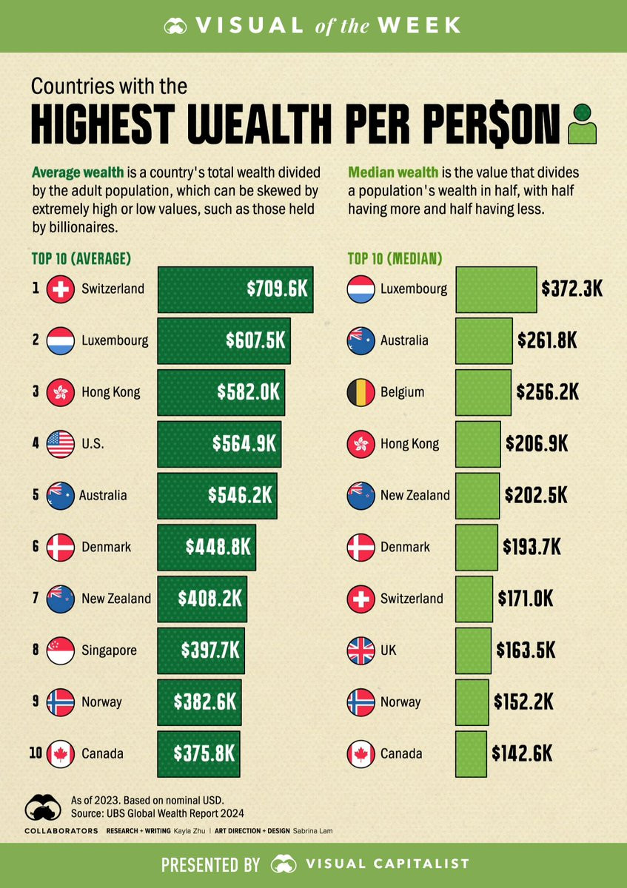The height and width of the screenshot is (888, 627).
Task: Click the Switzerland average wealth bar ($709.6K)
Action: (235, 289)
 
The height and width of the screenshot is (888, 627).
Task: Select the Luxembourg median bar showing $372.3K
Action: (496, 289)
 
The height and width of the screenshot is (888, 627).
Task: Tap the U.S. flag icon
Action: (61, 444)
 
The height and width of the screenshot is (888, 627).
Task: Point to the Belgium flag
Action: (361, 392)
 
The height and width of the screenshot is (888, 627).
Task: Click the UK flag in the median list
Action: (361, 650)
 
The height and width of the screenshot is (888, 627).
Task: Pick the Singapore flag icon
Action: (61, 650)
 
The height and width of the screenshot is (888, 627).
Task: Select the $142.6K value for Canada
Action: (522, 753)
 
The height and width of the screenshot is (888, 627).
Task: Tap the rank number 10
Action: (36, 753)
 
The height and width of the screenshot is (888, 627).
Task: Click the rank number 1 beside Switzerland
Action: (36, 289)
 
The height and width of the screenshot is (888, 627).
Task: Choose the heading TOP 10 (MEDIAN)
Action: (395, 259)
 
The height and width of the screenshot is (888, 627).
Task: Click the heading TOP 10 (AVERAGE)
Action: (81, 259)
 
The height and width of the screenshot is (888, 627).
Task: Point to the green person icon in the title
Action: (582, 124)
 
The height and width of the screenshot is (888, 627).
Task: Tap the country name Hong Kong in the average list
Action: (110, 392)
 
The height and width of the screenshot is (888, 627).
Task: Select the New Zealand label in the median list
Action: (415, 495)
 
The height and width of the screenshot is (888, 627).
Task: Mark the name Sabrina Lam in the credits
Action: (312, 831)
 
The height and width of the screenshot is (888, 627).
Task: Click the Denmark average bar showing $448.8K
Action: (206, 547)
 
